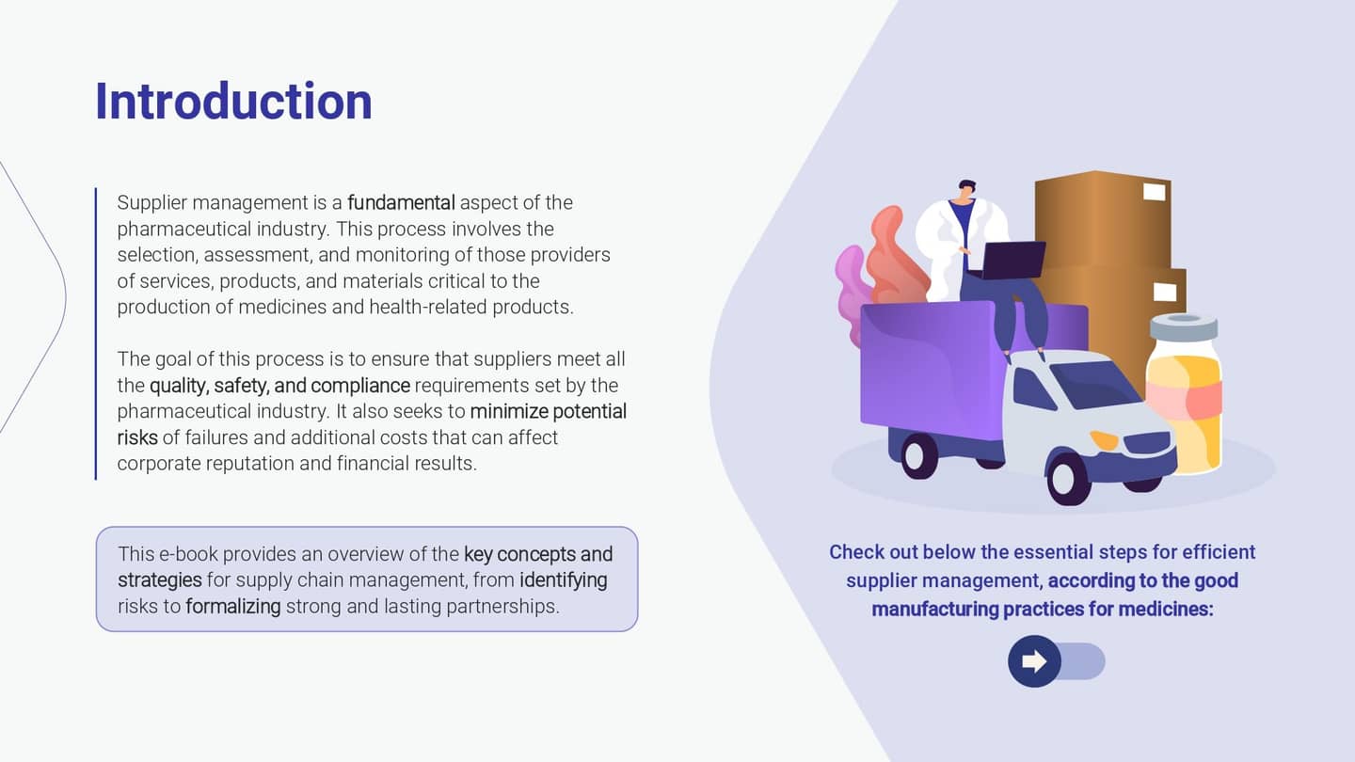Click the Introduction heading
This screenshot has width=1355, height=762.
[x=233, y=101]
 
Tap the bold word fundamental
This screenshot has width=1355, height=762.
[x=401, y=202]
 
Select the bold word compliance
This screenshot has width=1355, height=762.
[x=360, y=386]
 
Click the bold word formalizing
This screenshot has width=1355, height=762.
[x=233, y=606]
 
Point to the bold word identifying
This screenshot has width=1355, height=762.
[x=563, y=579]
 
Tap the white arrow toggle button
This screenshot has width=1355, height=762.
[x=1034, y=661]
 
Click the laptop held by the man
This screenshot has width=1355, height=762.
[x=1013, y=260]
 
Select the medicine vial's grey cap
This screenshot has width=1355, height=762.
[x=1184, y=327]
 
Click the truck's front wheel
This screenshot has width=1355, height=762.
[x=1070, y=477]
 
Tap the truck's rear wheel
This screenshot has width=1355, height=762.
[x=919, y=455]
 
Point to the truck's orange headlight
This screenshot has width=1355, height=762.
[x=1105, y=439]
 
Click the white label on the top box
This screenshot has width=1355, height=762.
[x=1155, y=192]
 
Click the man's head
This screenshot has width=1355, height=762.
[x=966, y=189]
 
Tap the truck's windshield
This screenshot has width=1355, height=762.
[x=1095, y=384]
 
